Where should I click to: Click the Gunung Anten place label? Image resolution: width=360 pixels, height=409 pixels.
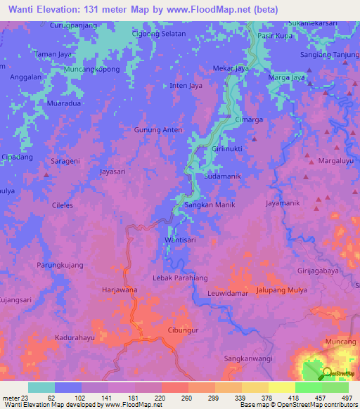pos(157,130)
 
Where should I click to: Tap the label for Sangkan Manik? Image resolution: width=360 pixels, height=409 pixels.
pos(209,204)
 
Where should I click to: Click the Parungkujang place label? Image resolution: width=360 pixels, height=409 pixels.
pos(60,266)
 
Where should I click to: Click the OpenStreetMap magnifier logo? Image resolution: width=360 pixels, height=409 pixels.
pos(326,374)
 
